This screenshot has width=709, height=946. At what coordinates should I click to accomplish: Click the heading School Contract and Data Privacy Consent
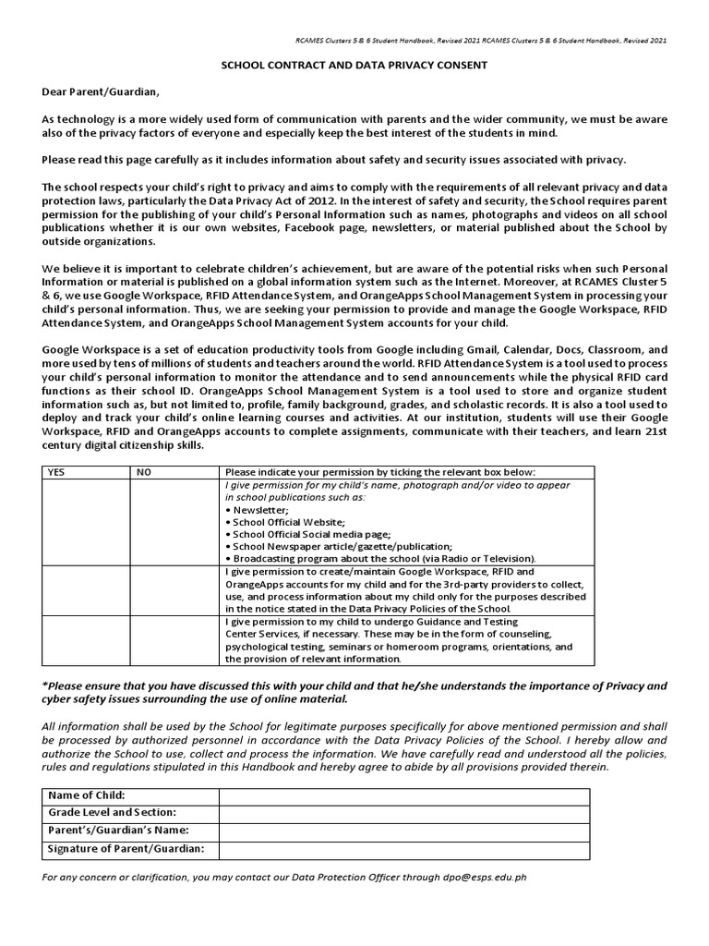[354, 67]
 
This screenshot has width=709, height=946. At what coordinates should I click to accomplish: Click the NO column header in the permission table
[144, 471]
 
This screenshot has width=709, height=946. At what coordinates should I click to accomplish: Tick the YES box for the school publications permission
[85, 521]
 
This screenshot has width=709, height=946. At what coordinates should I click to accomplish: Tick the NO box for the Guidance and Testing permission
[174, 640]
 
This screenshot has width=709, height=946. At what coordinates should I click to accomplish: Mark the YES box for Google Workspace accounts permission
[85, 590]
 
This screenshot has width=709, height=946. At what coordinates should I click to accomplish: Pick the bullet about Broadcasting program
[379, 559]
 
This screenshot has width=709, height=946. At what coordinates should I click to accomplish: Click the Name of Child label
[86, 795]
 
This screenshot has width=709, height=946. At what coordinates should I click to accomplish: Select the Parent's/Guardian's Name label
[113, 831]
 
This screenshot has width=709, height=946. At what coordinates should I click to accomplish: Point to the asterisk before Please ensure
[44, 685]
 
